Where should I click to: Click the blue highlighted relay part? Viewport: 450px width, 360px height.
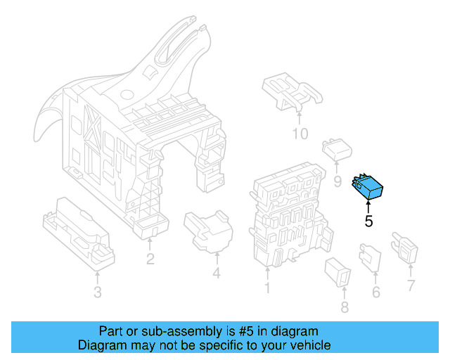point(367,186)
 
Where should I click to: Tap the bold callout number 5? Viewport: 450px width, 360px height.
point(368,221)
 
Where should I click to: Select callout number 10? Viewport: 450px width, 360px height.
point(300,134)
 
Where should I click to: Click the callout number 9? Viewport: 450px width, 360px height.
point(337,181)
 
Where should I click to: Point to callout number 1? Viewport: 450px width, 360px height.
point(267,288)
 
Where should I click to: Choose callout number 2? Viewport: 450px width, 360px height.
point(150,259)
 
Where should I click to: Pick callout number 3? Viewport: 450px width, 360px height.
point(98,292)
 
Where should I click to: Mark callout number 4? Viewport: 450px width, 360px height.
point(217,273)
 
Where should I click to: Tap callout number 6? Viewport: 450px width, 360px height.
point(376,292)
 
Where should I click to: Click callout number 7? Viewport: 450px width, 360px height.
point(411,285)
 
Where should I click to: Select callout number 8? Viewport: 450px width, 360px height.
point(345,307)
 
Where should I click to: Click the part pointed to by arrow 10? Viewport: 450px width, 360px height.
point(292,91)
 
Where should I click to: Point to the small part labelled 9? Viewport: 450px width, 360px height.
point(337,149)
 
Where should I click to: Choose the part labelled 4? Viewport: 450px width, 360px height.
point(208,231)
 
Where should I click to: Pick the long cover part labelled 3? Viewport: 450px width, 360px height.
point(79,233)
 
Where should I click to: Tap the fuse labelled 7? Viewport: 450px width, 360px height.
point(405,247)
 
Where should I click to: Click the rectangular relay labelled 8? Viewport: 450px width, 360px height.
point(337,272)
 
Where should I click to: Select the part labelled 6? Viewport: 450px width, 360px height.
point(371,258)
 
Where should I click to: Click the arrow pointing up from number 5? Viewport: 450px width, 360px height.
point(368,207)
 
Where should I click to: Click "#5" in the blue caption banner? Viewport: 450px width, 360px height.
point(246,331)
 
